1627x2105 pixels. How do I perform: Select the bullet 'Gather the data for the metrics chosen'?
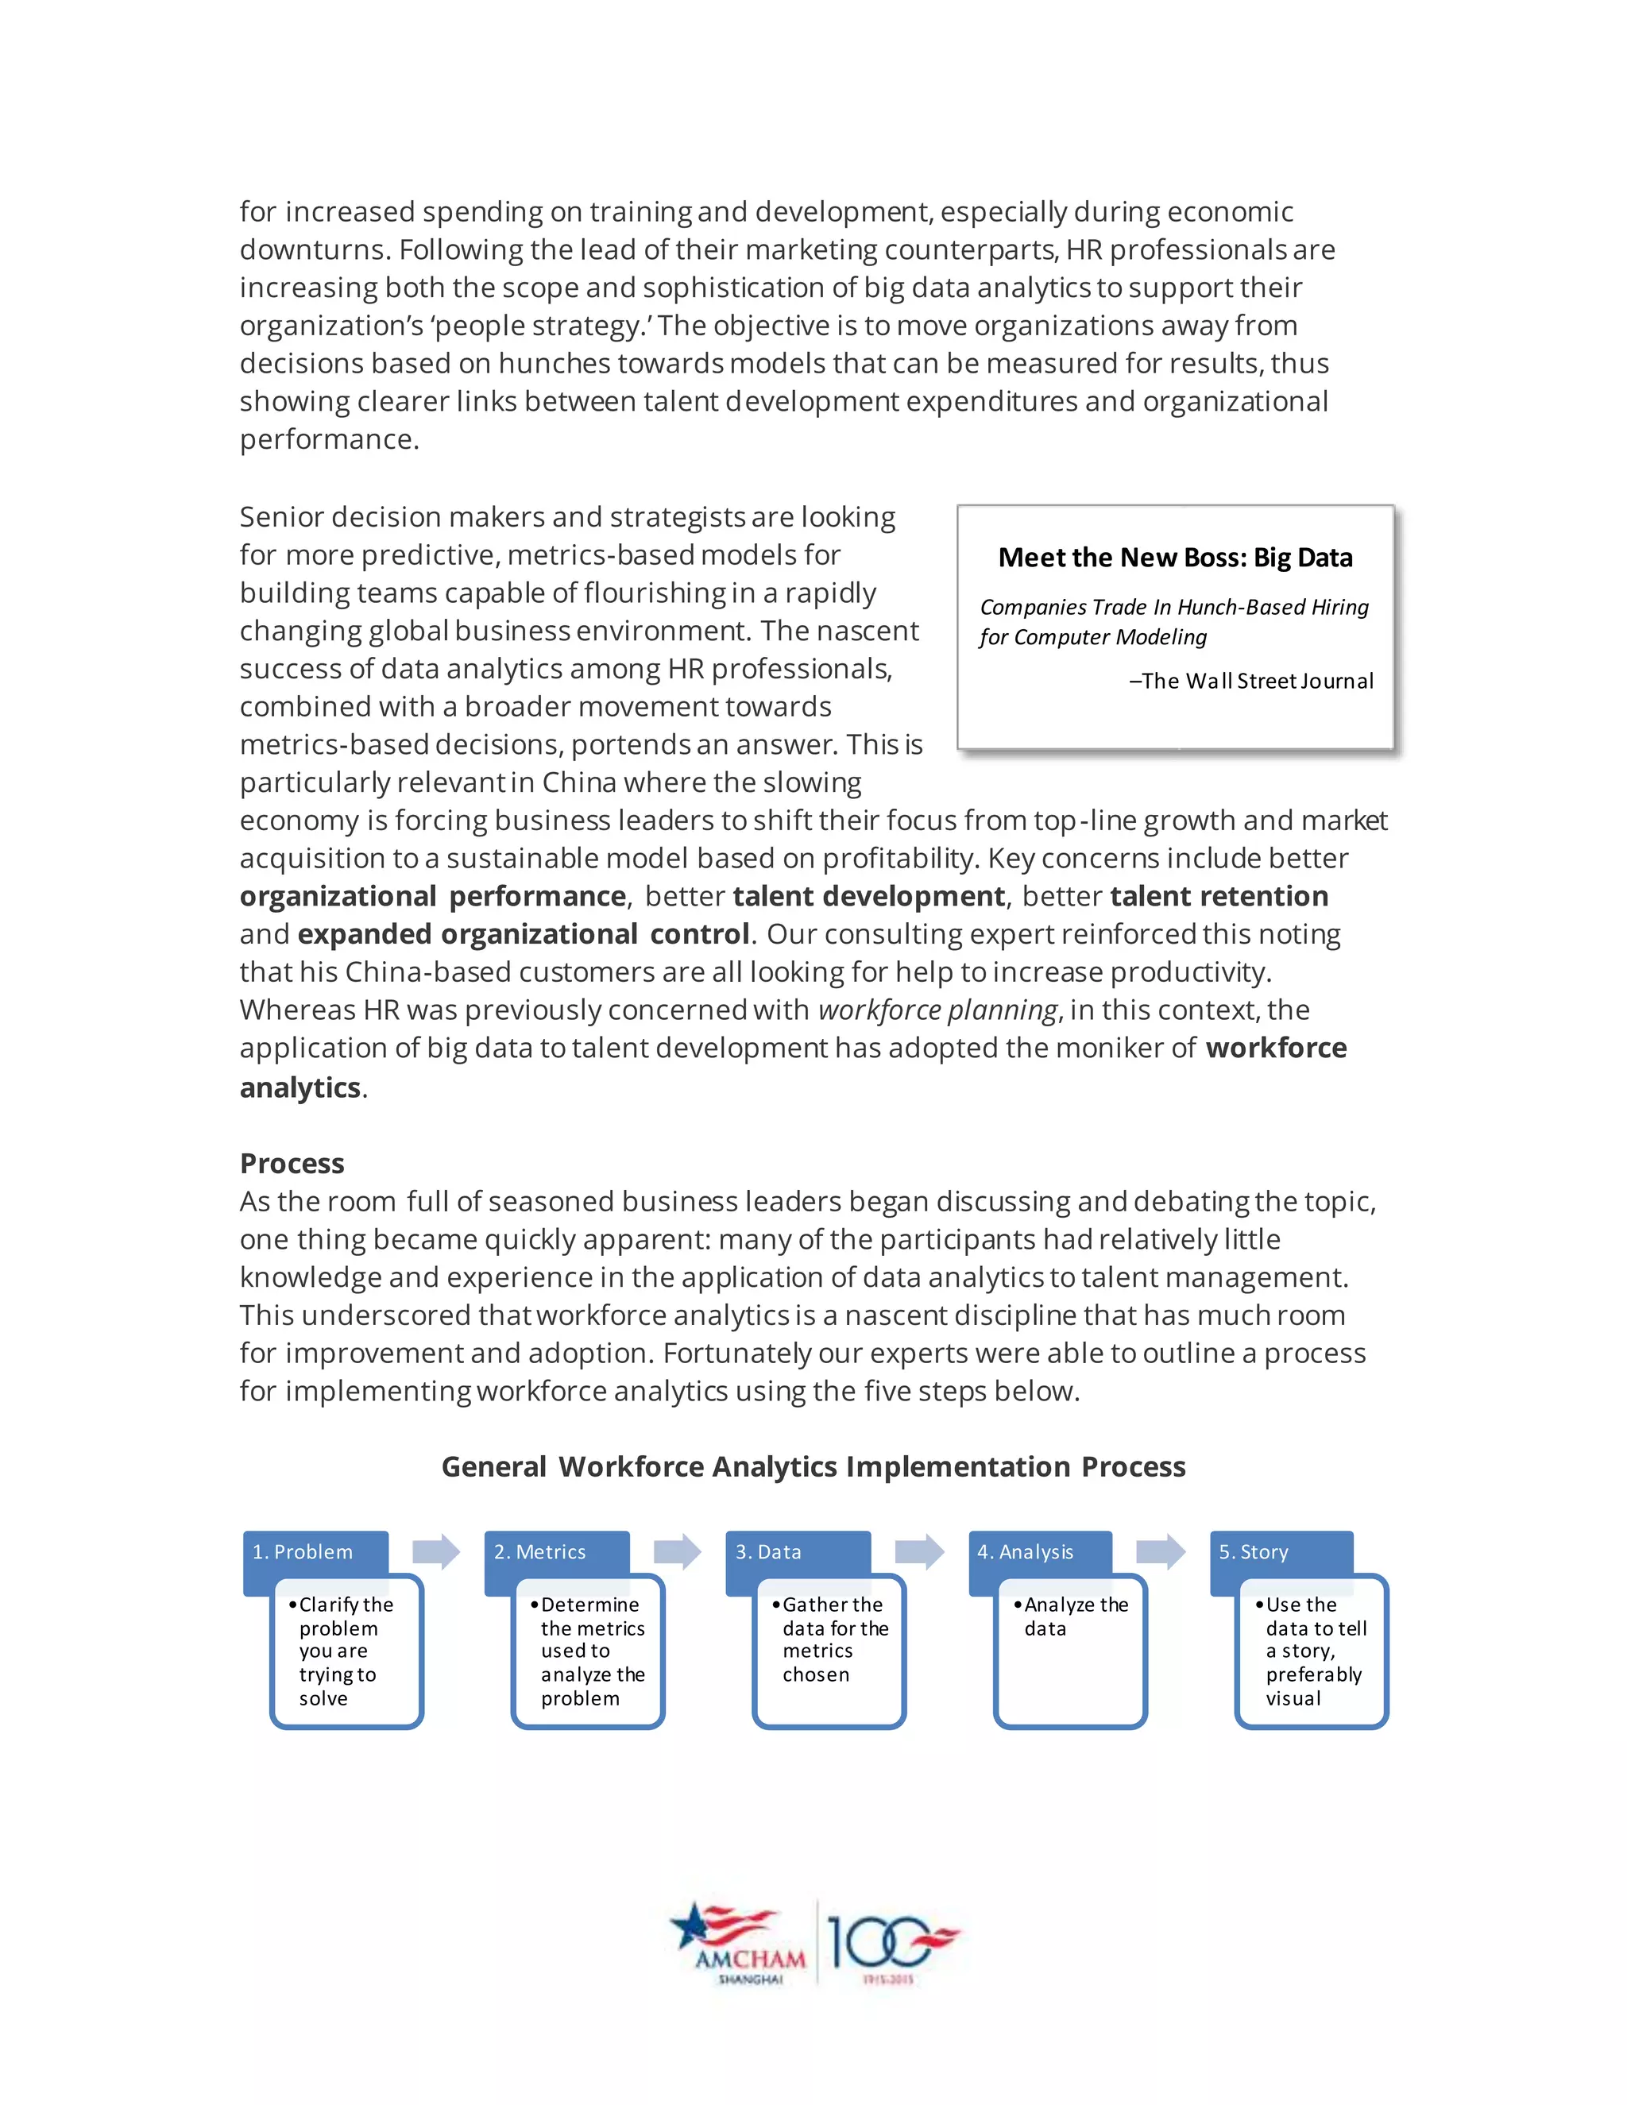pyautogui.click(x=833, y=1640)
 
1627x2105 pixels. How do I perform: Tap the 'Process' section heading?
pyautogui.click(x=292, y=1164)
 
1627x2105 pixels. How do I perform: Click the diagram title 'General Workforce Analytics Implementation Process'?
pyautogui.click(x=813, y=1466)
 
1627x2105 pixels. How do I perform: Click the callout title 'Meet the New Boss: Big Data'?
pyautogui.click(x=1175, y=557)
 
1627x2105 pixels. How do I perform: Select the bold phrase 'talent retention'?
pyautogui.click(x=1219, y=896)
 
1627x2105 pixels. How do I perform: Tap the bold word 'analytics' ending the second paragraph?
pyautogui.click(x=300, y=1087)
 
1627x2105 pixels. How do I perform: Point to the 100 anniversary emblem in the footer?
pyautogui.click(x=891, y=1941)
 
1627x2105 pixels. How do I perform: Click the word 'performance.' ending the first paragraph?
pyautogui.click(x=330, y=439)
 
